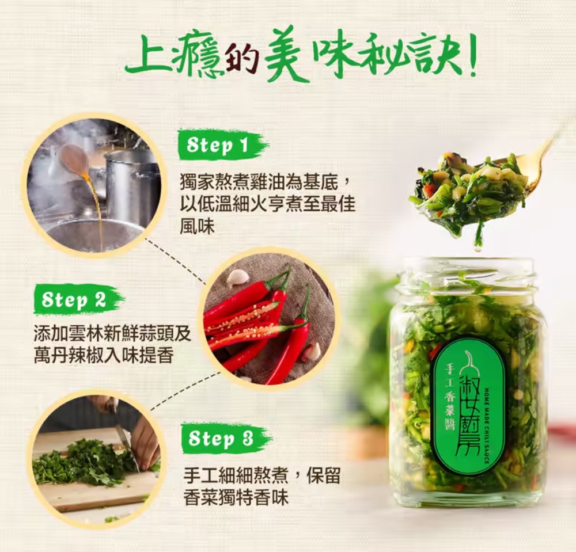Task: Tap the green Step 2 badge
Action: pyautogui.click(x=78, y=300)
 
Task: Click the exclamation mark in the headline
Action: pyautogui.click(x=470, y=55)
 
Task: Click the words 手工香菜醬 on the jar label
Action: pyautogui.click(x=449, y=397)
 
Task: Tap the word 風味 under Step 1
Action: pyautogui.click(x=197, y=226)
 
